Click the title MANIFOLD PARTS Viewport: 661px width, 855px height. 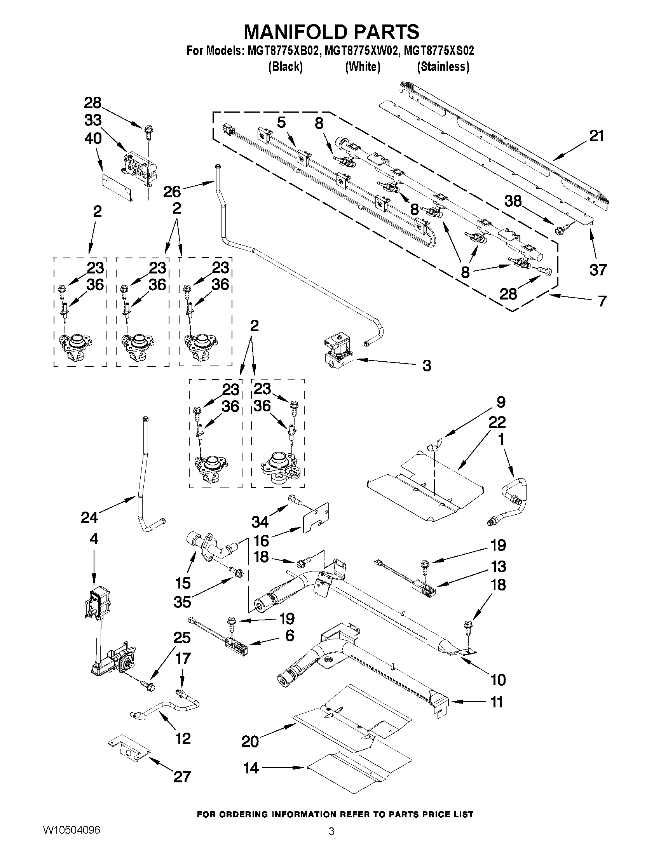(x=331, y=31)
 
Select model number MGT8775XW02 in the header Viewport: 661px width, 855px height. (x=364, y=51)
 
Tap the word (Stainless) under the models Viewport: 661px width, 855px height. (x=443, y=67)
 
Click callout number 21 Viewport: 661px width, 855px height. (x=596, y=136)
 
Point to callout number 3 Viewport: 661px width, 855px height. (x=426, y=366)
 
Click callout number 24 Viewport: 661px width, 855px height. (x=89, y=517)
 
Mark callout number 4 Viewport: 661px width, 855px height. (x=93, y=539)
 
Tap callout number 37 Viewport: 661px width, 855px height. (x=598, y=270)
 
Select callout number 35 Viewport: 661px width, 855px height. (x=182, y=602)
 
